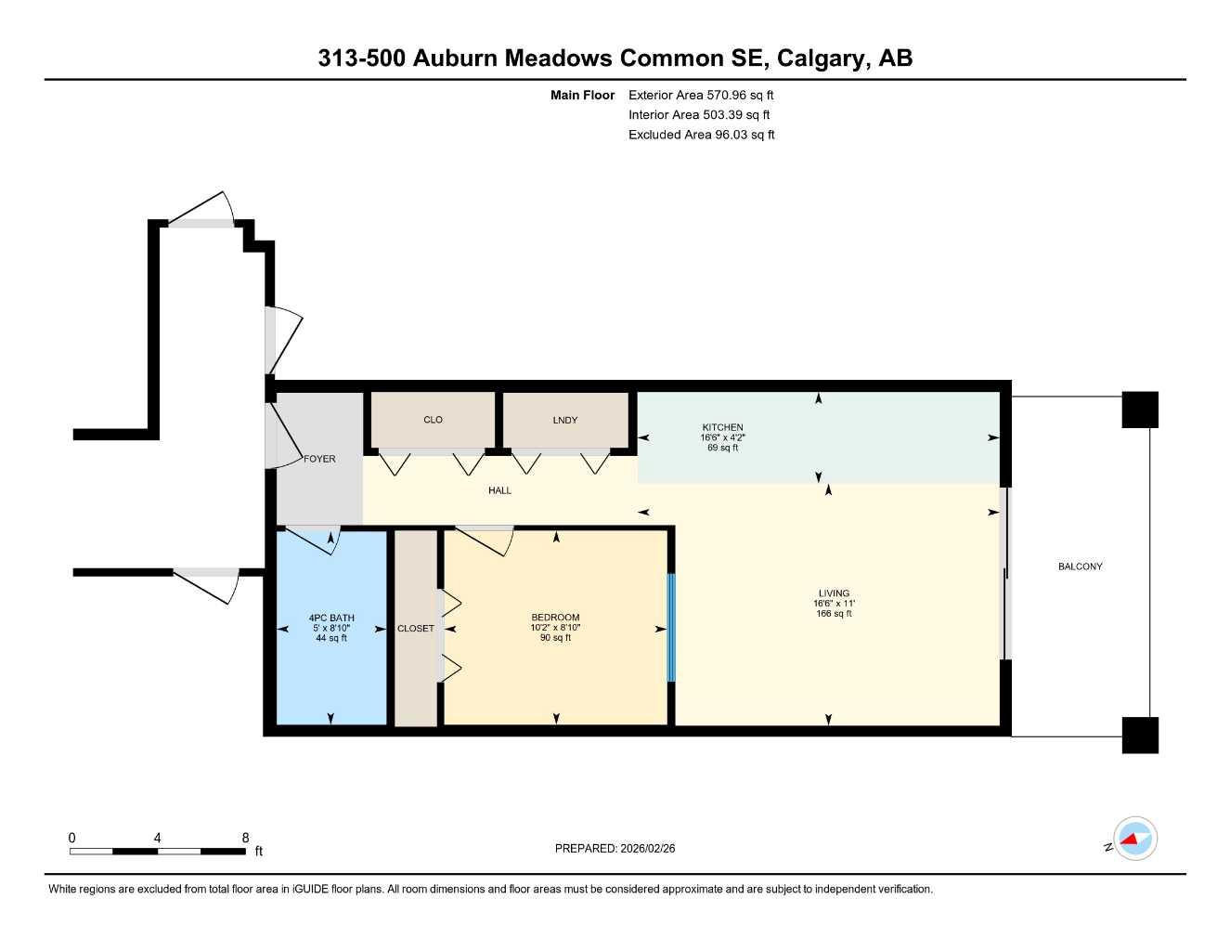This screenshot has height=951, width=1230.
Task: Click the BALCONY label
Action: pos(1080,567)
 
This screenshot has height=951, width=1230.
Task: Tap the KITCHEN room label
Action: pos(722,427)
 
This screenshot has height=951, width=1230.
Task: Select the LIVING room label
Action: pos(834,593)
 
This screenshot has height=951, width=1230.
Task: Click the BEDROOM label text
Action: pos(555,618)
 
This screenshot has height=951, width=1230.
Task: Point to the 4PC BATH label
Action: pos(331,618)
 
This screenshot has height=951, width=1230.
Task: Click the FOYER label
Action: pos(319,459)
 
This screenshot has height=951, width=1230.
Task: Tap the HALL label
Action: pos(499,490)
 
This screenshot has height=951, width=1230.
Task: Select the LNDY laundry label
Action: pos(564,420)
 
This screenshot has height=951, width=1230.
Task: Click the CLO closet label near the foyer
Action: pos(433,420)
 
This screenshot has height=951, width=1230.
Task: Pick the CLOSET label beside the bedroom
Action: pos(415,629)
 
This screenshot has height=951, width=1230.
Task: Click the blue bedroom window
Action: pos(671,628)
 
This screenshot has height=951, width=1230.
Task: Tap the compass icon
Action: pos(1134,840)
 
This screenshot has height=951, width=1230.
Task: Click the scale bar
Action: pos(158,851)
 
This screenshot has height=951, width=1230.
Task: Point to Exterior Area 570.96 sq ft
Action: pos(701,95)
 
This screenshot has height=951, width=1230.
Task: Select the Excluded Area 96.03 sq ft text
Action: pos(701,135)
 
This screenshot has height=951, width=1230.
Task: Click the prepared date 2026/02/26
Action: pos(615,848)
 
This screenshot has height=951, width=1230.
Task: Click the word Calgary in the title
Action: pos(820,58)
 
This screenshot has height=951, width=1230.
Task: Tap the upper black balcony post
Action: pos(1140,410)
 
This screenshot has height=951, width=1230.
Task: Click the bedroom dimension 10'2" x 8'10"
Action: pos(555,628)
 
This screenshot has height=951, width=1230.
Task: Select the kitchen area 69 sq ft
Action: pos(722,448)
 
